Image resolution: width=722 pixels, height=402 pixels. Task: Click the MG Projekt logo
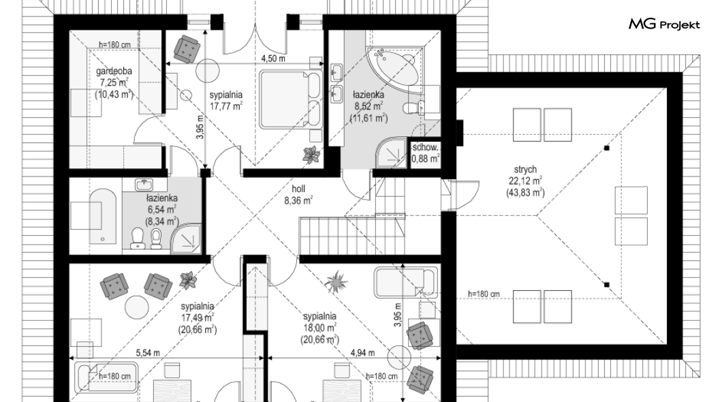click(x=664, y=24)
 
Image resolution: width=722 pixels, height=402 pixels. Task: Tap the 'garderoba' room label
click(x=114, y=71)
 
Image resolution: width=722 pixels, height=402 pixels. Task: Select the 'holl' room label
click(x=298, y=189)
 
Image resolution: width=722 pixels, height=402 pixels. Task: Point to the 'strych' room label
click(x=525, y=170)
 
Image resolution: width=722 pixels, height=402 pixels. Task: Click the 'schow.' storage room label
click(x=425, y=147)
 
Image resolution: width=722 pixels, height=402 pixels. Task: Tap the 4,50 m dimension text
click(x=273, y=59)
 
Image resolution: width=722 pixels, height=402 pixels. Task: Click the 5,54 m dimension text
click(x=148, y=353)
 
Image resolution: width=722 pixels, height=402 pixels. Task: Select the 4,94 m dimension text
click(x=362, y=353)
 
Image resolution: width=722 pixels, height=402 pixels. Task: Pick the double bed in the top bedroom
click(x=291, y=99)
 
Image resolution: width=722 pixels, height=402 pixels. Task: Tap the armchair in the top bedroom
click(x=187, y=48)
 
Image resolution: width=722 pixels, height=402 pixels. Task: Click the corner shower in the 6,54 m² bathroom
click(x=187, y=238)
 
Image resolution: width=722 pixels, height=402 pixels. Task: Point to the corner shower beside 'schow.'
click(x=392, y=151)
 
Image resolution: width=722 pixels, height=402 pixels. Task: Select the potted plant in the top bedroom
click(x=312, y=154)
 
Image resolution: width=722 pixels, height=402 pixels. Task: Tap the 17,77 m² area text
click(x=225, y=106)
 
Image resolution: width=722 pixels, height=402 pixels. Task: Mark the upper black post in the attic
click(x=607, y=149)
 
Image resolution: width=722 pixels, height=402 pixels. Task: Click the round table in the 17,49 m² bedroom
click(x=137, y=307)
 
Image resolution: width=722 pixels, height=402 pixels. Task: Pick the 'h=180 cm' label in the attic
click(x=484, y=294)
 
